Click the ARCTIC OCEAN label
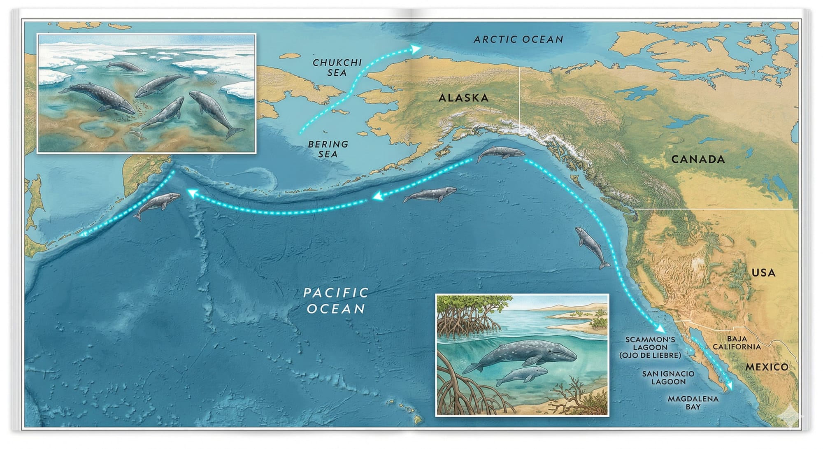point(518,40)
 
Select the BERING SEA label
point(328,149)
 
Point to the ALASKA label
point(463,98)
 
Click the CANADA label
point(698,159)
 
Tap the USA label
point(763,272)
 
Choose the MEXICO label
point(767,367)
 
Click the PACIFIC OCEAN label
point(336,301)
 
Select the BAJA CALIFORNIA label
point(737,343)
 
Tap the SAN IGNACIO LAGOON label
point(668,377)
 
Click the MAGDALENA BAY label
point(693,402)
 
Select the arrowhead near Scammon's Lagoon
point(660,329)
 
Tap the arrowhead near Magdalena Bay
point(730,386)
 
